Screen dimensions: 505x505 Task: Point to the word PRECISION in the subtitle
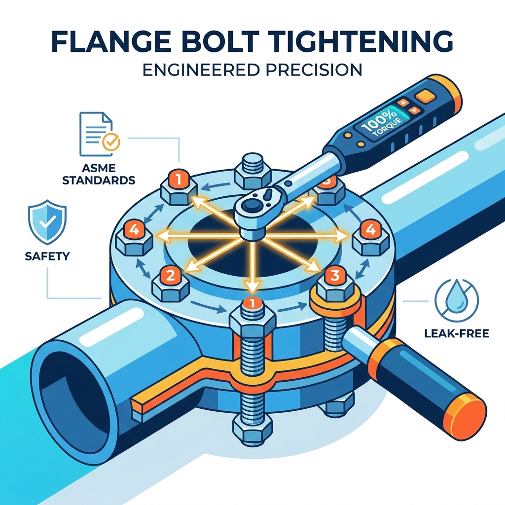pos(312,70)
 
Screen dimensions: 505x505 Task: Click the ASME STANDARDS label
pos(99,174)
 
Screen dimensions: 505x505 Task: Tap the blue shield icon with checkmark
pos(47,222)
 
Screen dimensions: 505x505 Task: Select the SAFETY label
pos(47,256)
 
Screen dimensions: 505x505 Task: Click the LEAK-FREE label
pos(457,333)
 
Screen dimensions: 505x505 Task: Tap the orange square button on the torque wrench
pos(424,95)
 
